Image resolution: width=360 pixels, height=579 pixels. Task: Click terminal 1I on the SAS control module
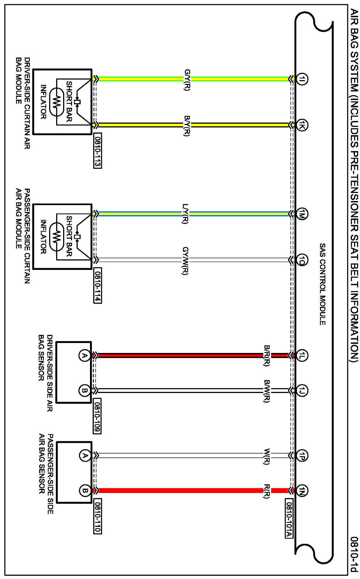pyautogui.click(x=302, y=79)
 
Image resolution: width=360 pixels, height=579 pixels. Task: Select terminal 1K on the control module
pyautogui.click(x=302, y=125)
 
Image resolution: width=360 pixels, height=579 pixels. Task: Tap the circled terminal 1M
pyautogui.click(x=302, y=214)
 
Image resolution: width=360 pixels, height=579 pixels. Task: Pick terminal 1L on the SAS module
pyautogui.click(x=302, y=356)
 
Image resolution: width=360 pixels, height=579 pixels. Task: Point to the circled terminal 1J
pyautogui.click(x=302, y=390)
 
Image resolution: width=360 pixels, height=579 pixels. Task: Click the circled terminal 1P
pyautogui.click(x=302, y=456)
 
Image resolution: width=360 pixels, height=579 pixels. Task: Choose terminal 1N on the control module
pyautogui.click(x=302, y=490)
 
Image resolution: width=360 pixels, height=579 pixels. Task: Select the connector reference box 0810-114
pyautogui.click(x=98, y=286)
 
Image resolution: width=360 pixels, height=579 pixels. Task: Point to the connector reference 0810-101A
pyautogui.click(x=289, y=518)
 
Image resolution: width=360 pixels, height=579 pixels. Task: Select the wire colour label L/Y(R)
pyautogui.click(x=185, y=214)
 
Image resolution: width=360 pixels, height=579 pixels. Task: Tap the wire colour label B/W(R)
pyautogui.click(x=267, y=391)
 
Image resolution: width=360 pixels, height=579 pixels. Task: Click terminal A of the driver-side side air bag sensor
pyautogui.click(x=84, y=356)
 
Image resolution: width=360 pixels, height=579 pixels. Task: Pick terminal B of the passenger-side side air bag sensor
pyautogui.click(x=85, y=490)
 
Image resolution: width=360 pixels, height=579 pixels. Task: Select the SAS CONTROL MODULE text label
pyautogui.click(x=322, y=284)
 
